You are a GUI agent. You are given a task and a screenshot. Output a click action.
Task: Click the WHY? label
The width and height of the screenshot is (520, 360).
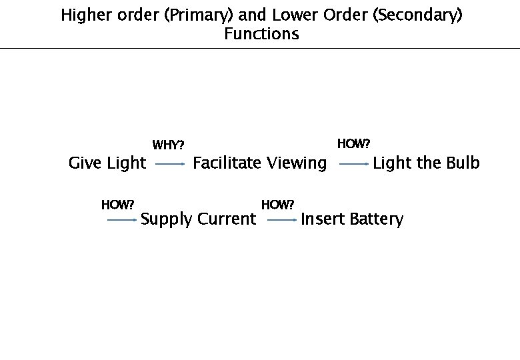coord(169,145)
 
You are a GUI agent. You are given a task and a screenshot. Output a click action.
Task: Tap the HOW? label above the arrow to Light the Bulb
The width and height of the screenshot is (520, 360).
coord(353,143)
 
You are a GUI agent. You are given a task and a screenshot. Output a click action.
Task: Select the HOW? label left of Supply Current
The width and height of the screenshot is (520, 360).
coord(118,204)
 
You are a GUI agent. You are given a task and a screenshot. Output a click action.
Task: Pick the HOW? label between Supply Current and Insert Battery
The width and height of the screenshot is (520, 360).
coord(278,204)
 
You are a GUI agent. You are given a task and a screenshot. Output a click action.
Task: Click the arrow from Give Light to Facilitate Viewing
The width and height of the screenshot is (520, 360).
coord(170,163)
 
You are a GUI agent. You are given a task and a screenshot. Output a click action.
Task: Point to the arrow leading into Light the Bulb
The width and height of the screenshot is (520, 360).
coord(353,163)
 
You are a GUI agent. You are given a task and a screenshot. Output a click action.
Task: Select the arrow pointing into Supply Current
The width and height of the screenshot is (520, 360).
coord(122,219)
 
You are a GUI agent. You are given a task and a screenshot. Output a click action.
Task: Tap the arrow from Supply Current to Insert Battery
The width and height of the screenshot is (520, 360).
coord(282,219)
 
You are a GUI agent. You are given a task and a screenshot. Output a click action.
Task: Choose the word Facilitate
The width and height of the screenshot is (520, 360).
coord(227,163)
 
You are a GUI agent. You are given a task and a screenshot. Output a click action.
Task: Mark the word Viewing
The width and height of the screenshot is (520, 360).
coord(297,163)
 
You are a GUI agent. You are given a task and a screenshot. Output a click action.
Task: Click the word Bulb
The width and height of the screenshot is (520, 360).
coord(463,163)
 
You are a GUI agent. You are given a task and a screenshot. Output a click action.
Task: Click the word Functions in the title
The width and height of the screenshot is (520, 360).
coord(261,34)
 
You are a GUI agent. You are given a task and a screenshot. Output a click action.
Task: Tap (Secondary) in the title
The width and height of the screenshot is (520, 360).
coord(418,15)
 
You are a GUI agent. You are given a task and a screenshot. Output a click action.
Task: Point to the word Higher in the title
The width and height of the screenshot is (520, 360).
coord(83,15)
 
